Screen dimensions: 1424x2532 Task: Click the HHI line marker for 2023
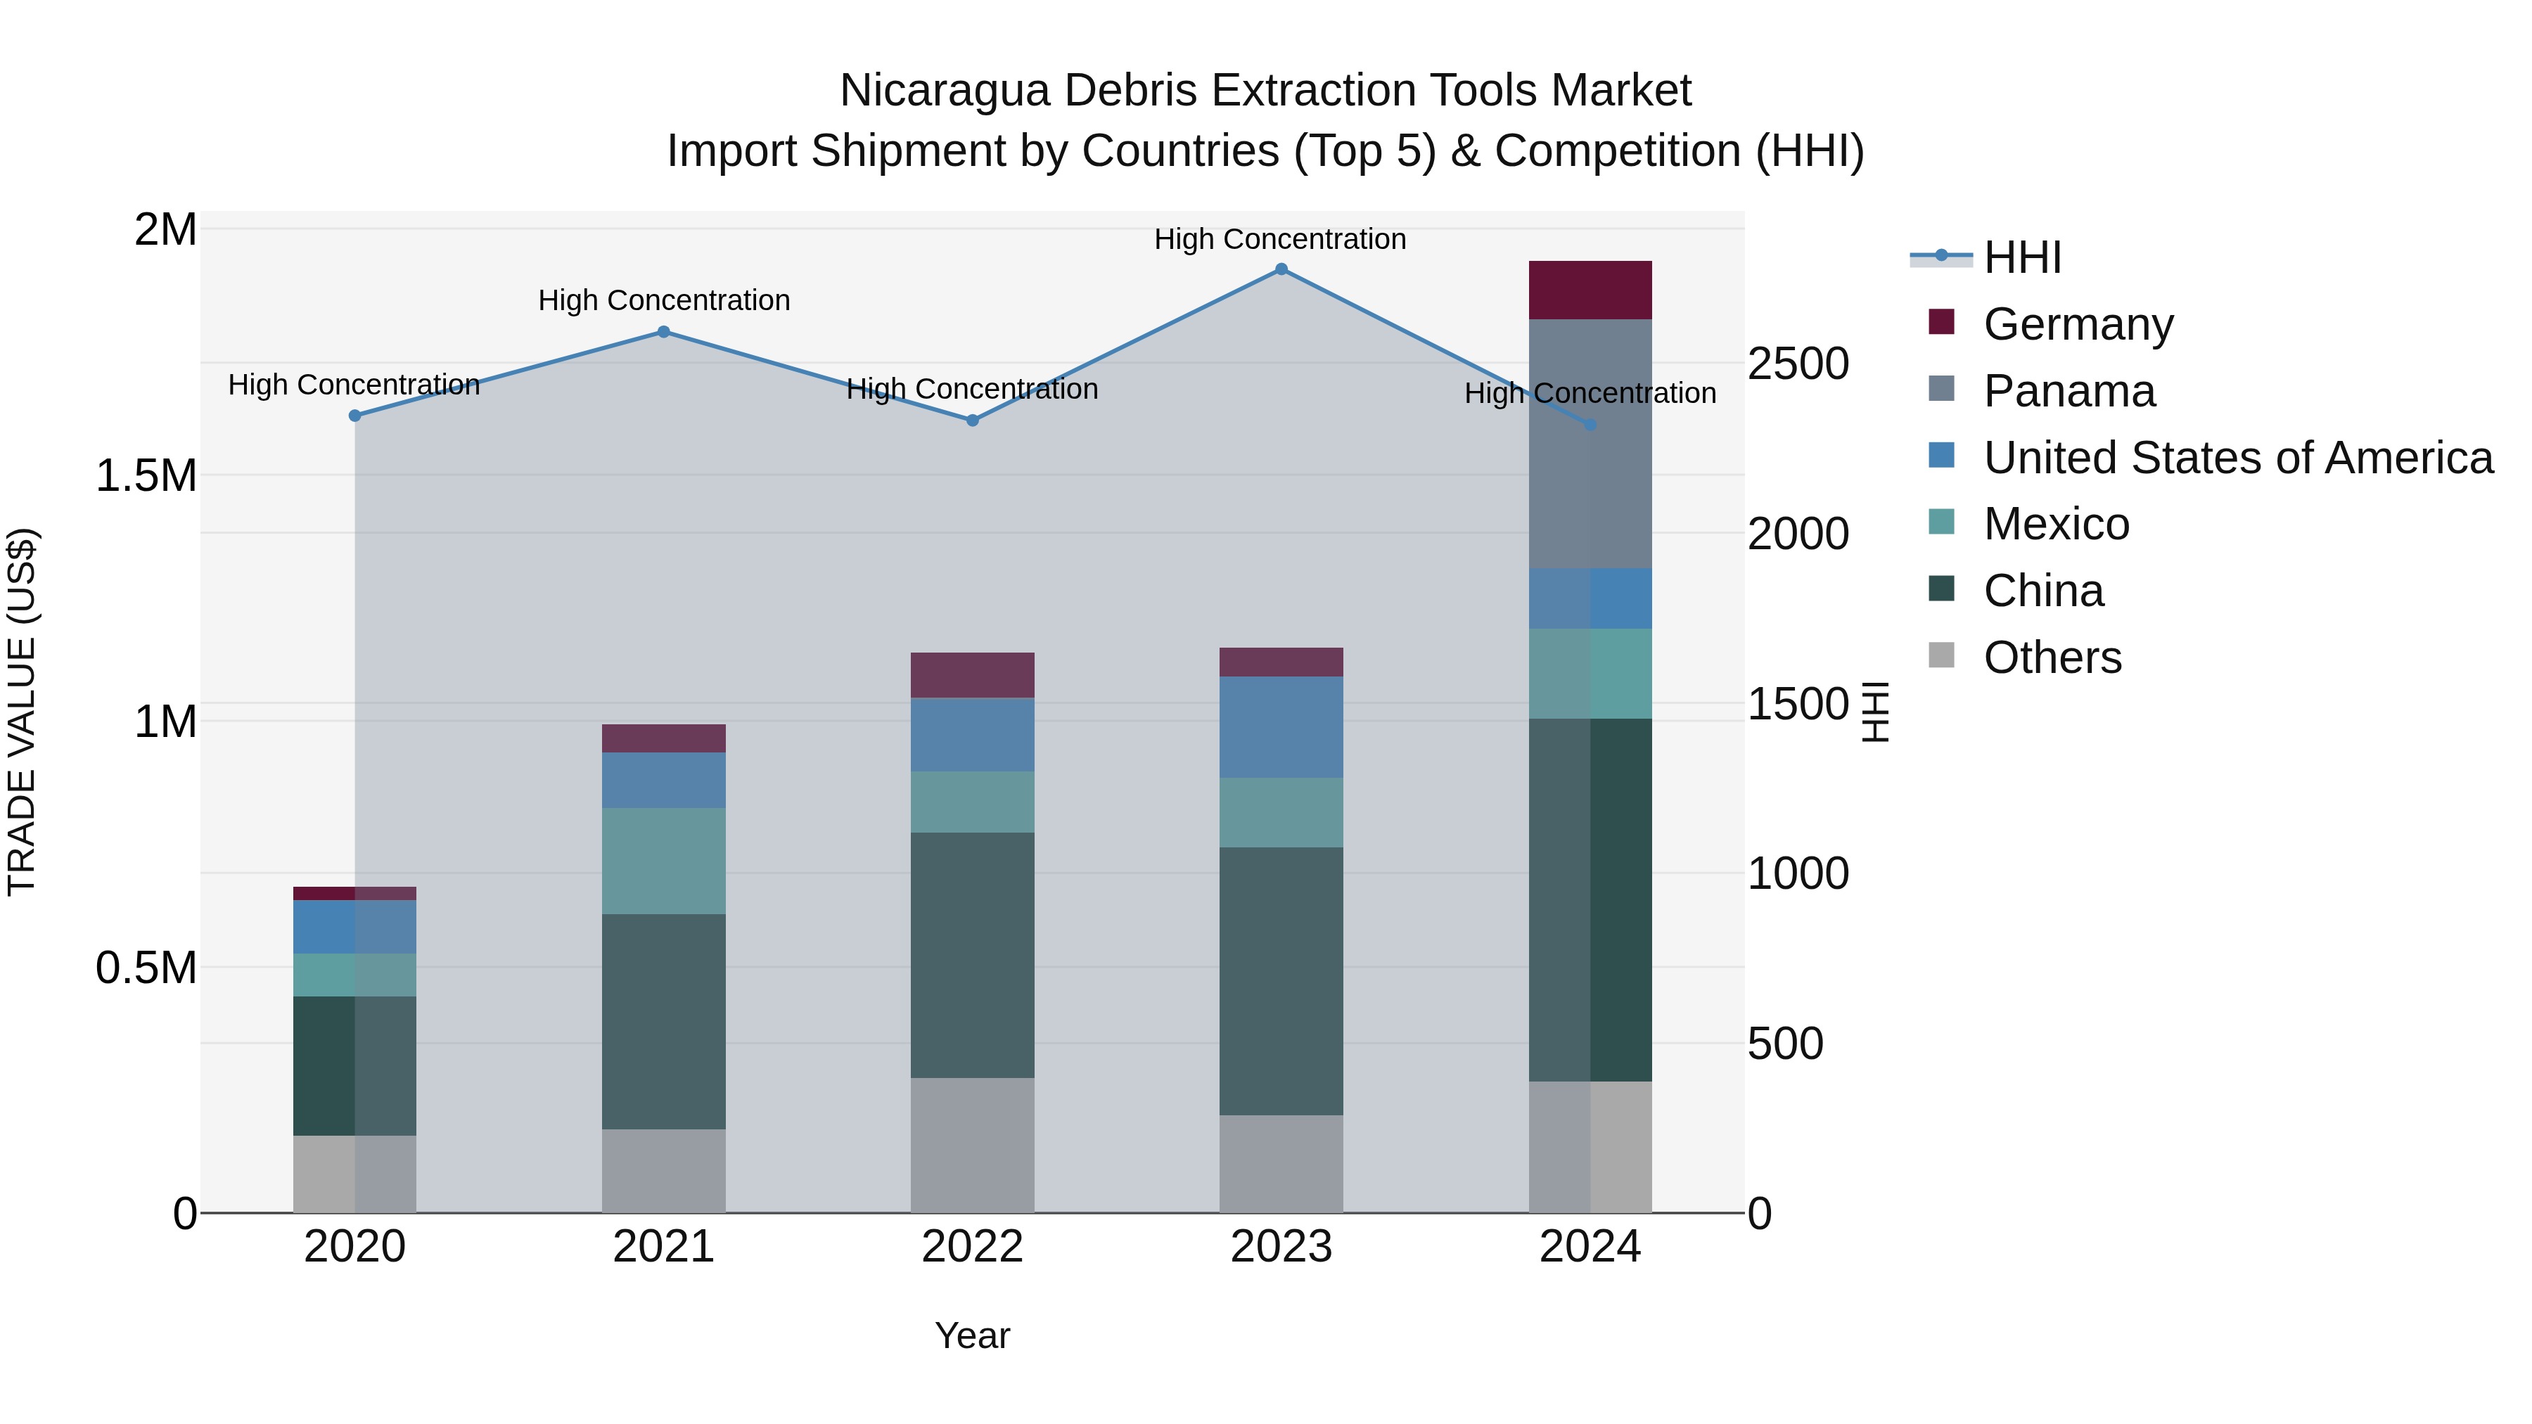[x=1281, y=269]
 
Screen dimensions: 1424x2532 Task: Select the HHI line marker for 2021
[x=663, y=332]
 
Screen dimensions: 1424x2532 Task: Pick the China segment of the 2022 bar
[x=972, y=955]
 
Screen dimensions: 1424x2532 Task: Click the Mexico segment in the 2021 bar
[x=663, y=861]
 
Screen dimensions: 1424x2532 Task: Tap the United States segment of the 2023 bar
[x=1281, y=727]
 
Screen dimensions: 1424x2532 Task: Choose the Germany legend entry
[x=2078, y=324]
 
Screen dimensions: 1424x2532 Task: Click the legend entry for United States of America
[x=2237, y=458]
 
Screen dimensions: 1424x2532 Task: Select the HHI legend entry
[x=2022, y=257]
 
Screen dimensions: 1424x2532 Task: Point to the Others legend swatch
[x=1941, y=655]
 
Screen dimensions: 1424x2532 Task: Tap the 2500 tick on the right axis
[x=1798, y=364]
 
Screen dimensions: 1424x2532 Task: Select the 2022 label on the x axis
[x=972, y=1247]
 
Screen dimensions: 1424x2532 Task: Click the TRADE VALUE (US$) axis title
[x=22, y=712]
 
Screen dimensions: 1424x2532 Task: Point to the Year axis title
[x=972, y=1335]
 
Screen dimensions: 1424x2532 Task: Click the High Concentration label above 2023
[x=1280, y=239]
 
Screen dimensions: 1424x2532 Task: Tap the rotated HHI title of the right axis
[x=1875, y=712]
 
